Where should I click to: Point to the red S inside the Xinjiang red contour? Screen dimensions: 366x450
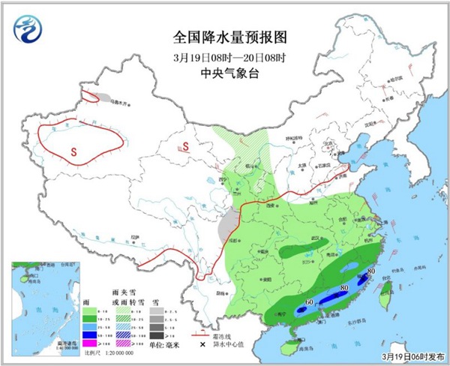coord(73,151)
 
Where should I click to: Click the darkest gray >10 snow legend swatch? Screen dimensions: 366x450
coord(154,333)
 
